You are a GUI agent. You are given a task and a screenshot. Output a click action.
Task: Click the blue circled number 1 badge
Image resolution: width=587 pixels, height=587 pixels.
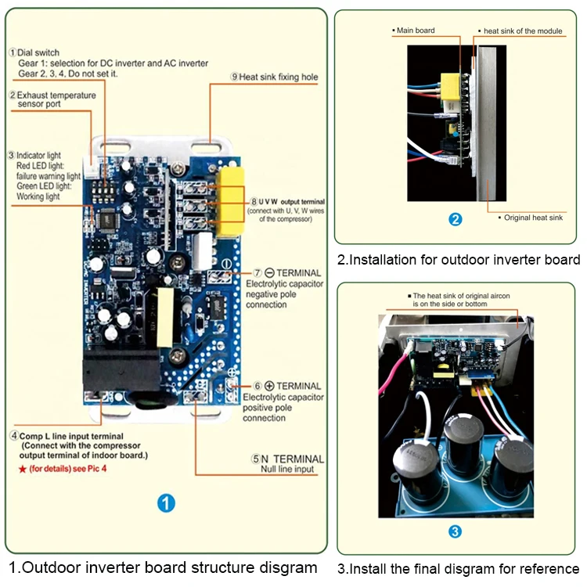pos(166,502)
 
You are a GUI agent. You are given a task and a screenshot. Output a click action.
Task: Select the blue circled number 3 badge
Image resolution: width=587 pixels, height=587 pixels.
pos(456,531)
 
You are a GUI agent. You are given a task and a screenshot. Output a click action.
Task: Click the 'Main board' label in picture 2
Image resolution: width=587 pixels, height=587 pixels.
pos(416,31)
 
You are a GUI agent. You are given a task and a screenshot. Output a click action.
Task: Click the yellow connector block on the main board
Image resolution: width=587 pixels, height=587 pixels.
pos(230,200)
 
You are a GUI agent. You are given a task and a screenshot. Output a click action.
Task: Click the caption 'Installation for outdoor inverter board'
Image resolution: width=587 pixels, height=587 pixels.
pos(459,260)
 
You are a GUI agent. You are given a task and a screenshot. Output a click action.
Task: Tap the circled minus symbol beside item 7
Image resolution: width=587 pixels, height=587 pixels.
pos(247,272)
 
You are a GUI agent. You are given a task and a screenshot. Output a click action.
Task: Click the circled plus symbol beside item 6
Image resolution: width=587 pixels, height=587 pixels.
pos(269,386)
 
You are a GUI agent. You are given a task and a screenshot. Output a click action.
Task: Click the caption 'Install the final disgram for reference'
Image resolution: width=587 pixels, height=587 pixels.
pos(459,568)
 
